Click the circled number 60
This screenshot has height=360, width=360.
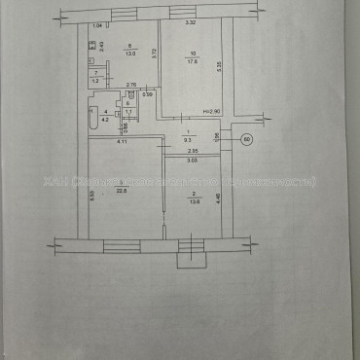(x=246, y=139)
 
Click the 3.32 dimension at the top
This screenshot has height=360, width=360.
(x=194, y=22)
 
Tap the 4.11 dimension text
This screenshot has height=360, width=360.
(x=123, y=143)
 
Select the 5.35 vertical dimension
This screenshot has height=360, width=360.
(x=221, y=65)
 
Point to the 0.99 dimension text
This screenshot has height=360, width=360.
(x=147, y=94)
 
